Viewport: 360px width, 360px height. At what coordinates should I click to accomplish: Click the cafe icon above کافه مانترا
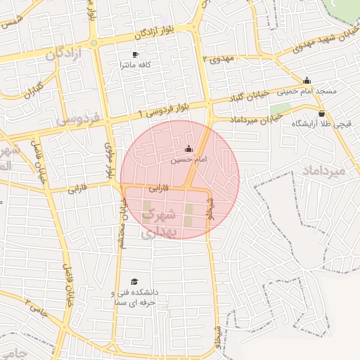point(136,54)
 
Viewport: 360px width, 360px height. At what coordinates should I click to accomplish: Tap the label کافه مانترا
point(136,65)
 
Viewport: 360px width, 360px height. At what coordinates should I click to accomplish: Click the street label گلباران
point(34,90)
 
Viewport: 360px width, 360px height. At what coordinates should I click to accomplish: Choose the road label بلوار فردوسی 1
point(165,110)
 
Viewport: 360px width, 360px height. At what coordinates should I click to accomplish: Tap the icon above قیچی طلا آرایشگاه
point(321,113)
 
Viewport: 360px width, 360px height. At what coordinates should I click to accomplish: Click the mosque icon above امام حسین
point(188,149)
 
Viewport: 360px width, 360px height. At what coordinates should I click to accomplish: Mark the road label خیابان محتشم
point(121,224)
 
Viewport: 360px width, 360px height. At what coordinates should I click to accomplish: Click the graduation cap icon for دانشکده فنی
point(134,281)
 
